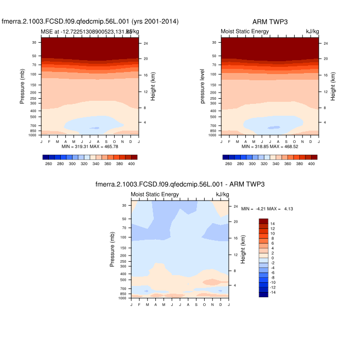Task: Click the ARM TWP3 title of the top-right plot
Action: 270,22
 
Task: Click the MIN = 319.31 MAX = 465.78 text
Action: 90,147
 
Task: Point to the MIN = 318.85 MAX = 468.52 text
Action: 270,147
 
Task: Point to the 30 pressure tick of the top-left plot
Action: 33,43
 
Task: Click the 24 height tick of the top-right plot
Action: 326,43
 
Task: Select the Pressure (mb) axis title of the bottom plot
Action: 113,249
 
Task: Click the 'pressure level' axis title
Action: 204,87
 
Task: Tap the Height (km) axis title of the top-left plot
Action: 153,86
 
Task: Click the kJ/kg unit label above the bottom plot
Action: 222,194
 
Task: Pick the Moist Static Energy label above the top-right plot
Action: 244,32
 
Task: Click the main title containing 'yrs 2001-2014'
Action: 90,22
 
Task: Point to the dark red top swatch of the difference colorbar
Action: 263,221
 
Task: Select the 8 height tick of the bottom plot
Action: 235,271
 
